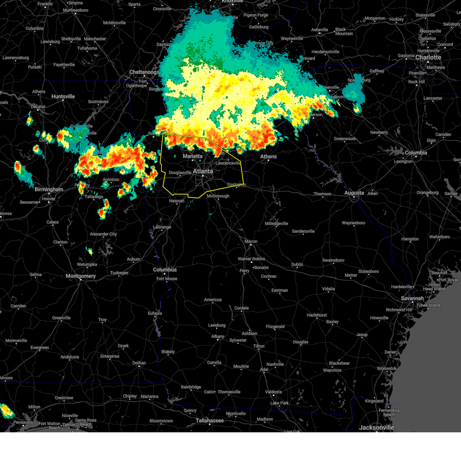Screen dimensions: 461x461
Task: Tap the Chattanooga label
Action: pos(144,72)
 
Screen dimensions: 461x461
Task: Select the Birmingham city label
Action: pos(49,189)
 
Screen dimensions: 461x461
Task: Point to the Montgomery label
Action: pos(81,276)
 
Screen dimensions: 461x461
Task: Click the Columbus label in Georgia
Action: pos(165,270)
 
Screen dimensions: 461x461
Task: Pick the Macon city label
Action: pos(251,241)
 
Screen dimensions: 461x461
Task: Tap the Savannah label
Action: pos(412,298)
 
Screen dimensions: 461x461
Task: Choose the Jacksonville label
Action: pos(376,427)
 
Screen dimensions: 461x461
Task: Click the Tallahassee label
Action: pos(209,420)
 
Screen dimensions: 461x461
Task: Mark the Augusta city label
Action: pos(354,193)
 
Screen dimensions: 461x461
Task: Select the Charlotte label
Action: pos(428,57)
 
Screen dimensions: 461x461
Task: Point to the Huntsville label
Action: pos(63,96)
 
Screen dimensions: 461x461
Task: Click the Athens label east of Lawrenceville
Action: pos(268,156)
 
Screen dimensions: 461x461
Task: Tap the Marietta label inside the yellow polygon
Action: pos(192,156)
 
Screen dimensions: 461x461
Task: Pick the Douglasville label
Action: pos(180,172)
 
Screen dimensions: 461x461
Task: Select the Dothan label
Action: pos(139,363)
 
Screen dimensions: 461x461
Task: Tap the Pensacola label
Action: pos(23,422)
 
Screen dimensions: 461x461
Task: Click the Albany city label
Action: pos(217,336)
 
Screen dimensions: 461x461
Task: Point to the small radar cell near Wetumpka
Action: pos(90,252)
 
